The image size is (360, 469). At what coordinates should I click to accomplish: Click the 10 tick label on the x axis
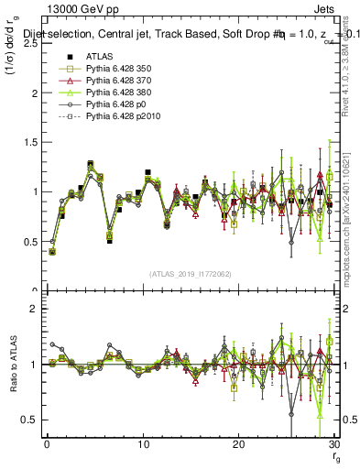(x=142, y=444)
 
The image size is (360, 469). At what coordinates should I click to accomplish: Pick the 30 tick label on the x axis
(x=333, y=444)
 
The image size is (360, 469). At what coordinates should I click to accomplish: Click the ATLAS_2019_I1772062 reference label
(x=190, y=274)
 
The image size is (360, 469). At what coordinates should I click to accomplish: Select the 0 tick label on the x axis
(x=47, y=444)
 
